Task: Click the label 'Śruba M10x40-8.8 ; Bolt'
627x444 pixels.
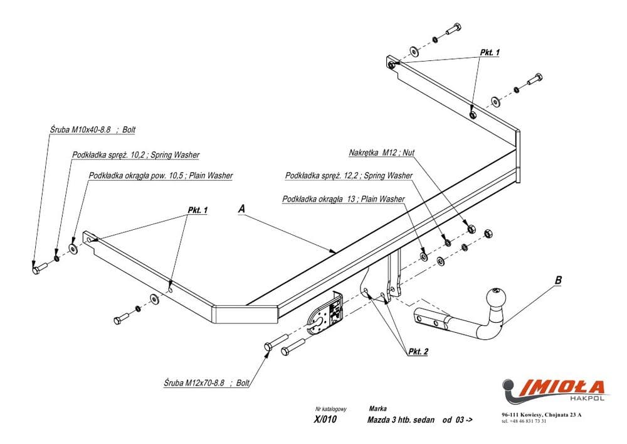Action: [x=93, y=130]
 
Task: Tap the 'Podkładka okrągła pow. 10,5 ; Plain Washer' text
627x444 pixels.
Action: [x=161, y=176]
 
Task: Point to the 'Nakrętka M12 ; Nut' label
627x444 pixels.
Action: [x=382, y=153]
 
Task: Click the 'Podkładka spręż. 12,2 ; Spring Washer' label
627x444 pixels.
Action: [x=349, y=176]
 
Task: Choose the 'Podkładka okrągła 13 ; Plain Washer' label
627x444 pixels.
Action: [x=344, y=199]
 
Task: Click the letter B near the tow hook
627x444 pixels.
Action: [x=558, y=281]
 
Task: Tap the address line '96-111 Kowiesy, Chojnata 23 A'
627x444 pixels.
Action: [x=541, y=414]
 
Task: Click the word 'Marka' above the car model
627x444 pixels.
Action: [x=378, y=408]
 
